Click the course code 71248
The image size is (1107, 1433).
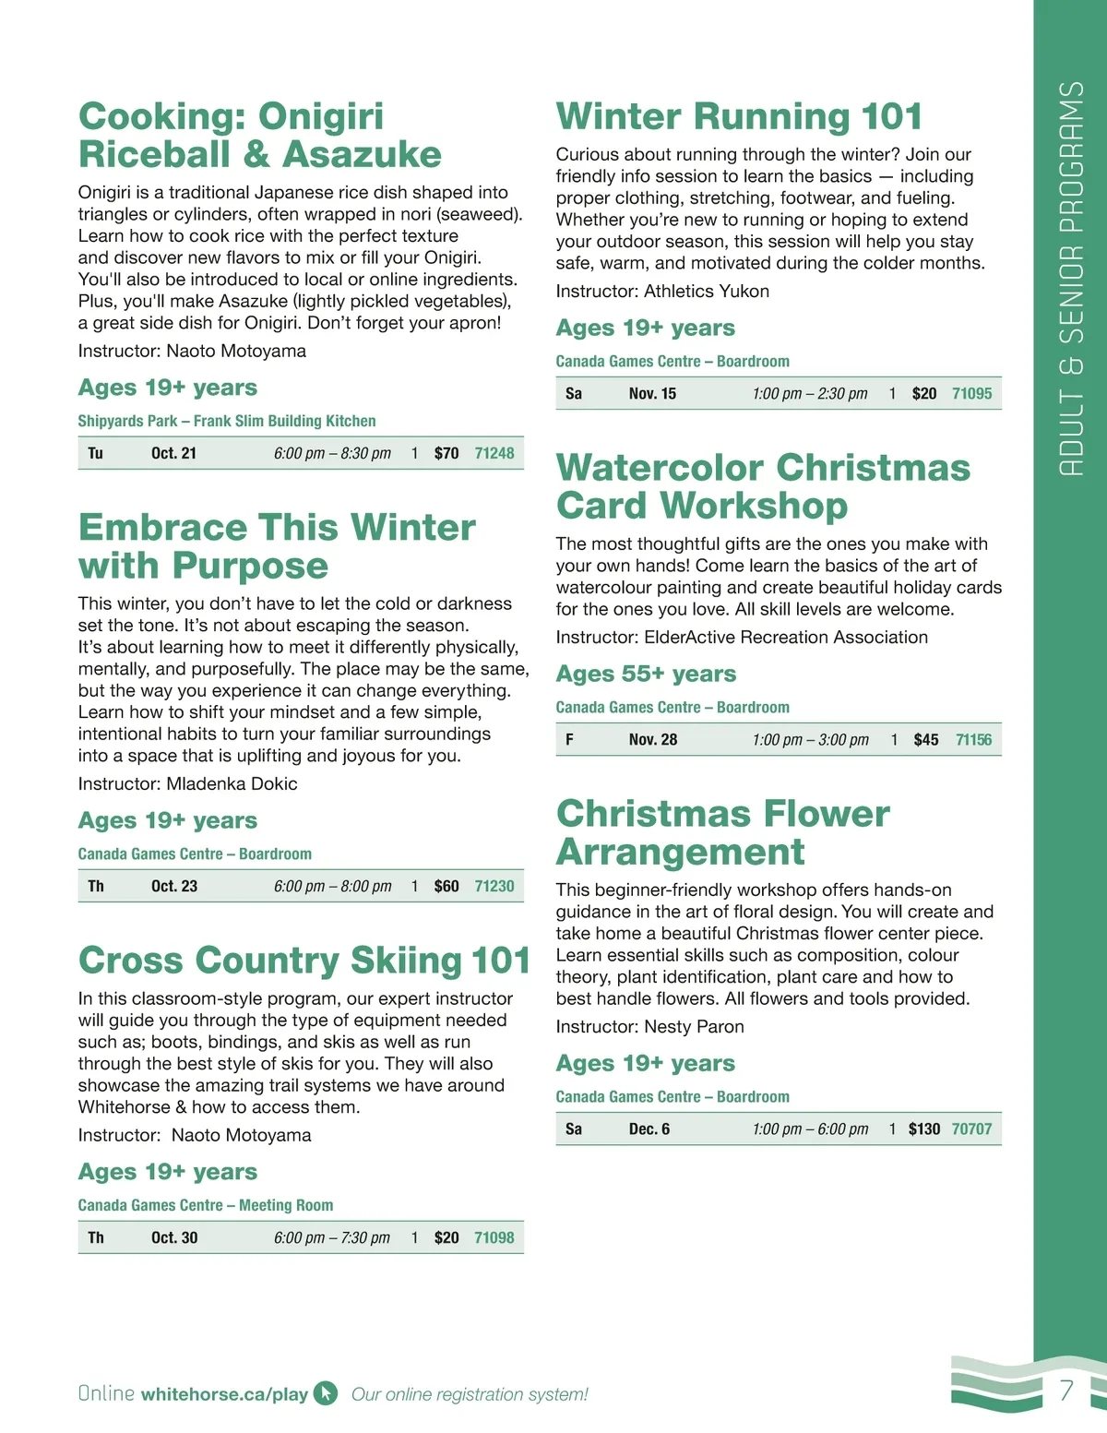coord(494,453)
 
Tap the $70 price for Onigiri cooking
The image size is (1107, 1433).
coord(446,453)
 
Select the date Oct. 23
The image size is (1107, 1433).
coord(174,886)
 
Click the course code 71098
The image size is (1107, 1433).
coord(494,1237)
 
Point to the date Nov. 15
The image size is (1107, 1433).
coord(652,393)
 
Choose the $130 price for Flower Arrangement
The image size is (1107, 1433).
coord(923,1128)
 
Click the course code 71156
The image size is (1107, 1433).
coord(973,739)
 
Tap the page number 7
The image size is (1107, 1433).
coord(1066,1390)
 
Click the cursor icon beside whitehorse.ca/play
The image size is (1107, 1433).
coord(326,1393)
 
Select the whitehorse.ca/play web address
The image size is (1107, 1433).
coord(224,1394)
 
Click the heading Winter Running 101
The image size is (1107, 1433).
coord(739,116)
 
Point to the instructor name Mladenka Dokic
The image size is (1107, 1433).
coord(232,783)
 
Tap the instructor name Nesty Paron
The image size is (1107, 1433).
coord(694,1026)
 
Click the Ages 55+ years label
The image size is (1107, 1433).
coord(646,674)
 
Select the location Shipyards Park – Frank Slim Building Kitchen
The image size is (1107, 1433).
coord(227,421)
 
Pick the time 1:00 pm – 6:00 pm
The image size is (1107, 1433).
coord(810,1128)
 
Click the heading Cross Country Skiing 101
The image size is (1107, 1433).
coord(304,960)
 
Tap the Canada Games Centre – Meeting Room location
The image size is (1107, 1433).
coord(206,1205)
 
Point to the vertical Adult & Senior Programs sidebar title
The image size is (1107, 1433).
coord(1070,277)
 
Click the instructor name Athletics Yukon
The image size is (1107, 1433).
coord(706,291)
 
